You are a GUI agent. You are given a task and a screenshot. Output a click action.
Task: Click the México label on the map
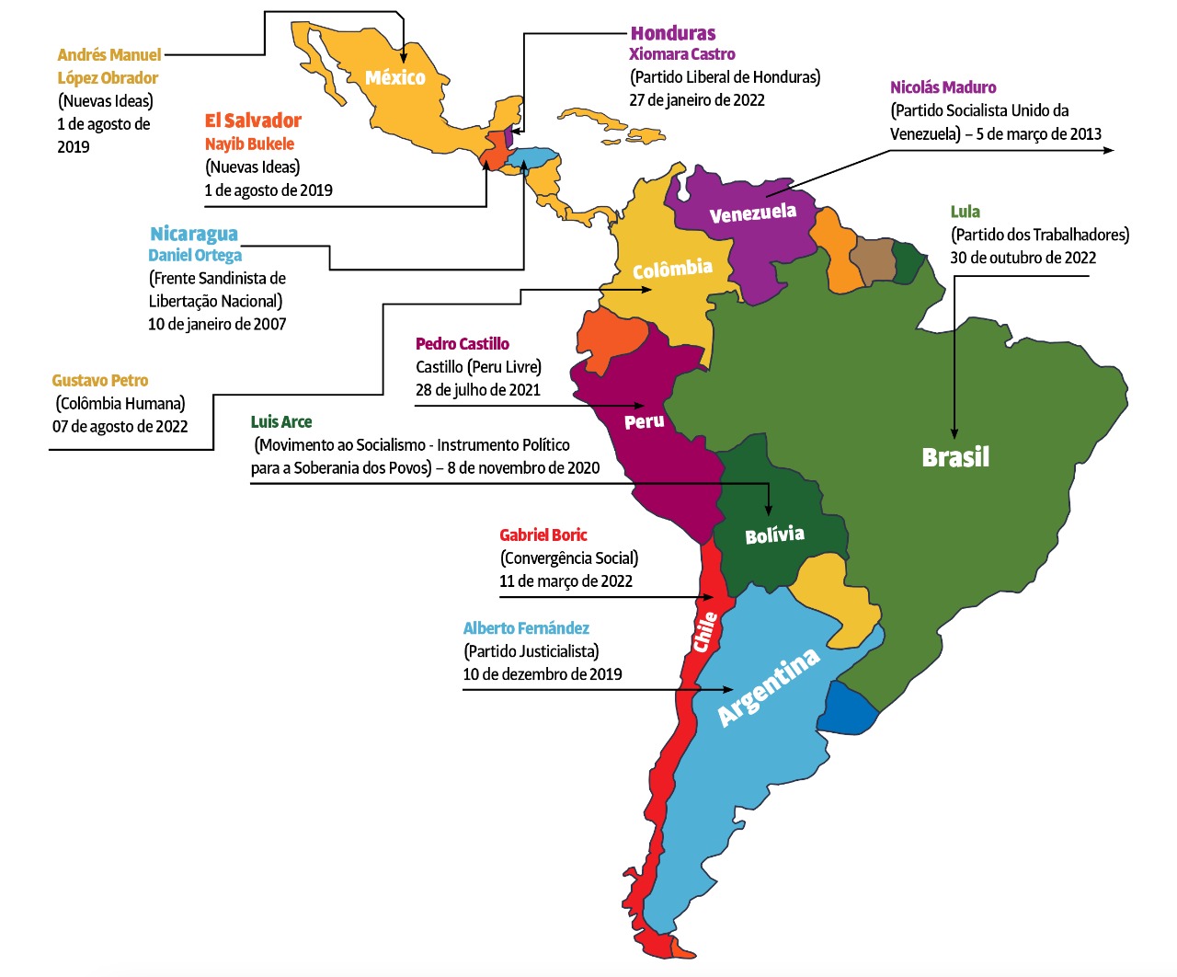point(395,78)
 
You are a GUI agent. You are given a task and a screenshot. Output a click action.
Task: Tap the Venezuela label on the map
point(752,213)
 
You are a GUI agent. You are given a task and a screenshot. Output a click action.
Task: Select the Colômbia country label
point(672,269)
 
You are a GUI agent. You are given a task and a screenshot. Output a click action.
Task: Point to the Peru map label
point(644,422)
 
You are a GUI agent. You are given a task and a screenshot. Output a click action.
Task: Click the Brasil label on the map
point(955,457)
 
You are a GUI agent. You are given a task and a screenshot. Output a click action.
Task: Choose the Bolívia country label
point(774,535)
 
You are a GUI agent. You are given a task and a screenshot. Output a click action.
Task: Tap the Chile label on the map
point(705,632)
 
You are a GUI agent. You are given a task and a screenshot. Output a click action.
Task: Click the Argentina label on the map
point(768,686)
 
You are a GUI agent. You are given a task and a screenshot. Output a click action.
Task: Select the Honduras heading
point(673,33)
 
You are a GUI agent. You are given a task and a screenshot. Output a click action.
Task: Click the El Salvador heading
point(253,121)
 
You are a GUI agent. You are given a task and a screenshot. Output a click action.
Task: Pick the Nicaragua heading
point(194,234)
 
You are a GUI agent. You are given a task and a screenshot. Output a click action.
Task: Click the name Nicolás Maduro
point(943,87)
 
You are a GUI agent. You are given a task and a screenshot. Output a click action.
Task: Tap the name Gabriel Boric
point(543,534)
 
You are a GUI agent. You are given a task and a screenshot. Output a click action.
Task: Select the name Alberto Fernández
point(526,628)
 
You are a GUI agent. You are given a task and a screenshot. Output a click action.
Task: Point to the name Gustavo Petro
point(99,380)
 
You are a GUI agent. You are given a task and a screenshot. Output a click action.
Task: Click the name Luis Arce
point(281,421)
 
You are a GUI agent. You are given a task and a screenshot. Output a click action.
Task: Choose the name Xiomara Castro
point(681,54)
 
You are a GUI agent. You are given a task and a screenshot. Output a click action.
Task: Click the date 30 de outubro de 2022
point(1023,258)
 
